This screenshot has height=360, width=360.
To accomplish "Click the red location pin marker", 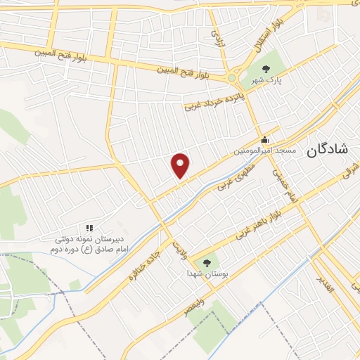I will (181, 165).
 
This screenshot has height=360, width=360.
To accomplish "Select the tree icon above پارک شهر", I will (266, 69).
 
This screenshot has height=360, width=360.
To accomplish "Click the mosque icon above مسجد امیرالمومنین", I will (264, 139).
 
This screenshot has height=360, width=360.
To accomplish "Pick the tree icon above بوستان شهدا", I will (206, 262).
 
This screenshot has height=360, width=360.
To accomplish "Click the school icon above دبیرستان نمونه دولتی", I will (89, 228).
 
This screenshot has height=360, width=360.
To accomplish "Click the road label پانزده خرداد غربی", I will (216, 99).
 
